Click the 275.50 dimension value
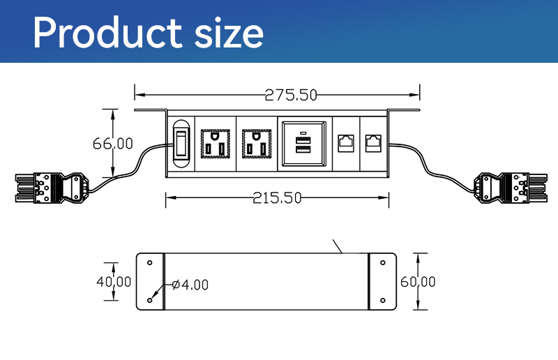[x=291, y=95]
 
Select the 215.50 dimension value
[x=277, y=198]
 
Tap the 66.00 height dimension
[x=112, y=144]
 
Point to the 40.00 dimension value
[x=114, y=282]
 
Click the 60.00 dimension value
[x=418, y=282]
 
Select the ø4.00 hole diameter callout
[x=190, y=285]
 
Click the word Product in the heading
[x=107, y=32]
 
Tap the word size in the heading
[x=229, y=33]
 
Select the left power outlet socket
[x=216, y=144]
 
